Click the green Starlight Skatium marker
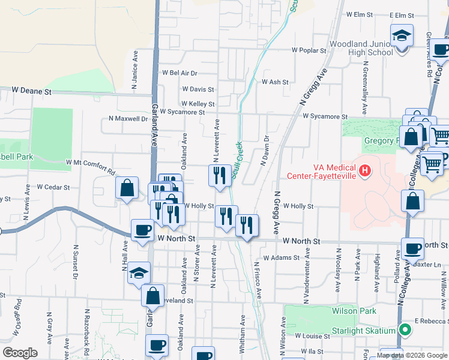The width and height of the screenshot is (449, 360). click(406, 329)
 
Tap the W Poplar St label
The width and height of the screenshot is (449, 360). click(309, 51)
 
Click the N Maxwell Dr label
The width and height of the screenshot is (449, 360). click(128, 119)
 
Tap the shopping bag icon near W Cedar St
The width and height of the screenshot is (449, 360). click(127, 188)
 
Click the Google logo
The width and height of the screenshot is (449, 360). click(20, 353)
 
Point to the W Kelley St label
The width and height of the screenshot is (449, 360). click(197, 104)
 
